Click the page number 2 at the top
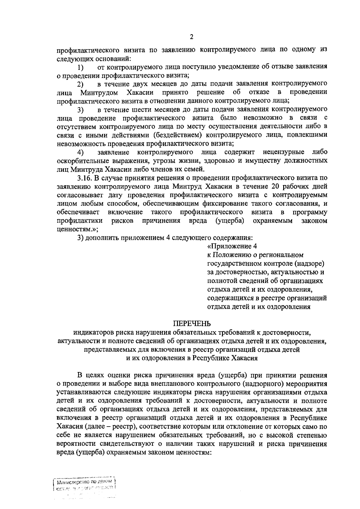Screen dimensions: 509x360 pos(191,37)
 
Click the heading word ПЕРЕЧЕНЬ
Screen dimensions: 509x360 pos(192,323)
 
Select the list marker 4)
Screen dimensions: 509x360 pos(81,152)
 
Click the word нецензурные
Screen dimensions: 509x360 pos(283,152)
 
